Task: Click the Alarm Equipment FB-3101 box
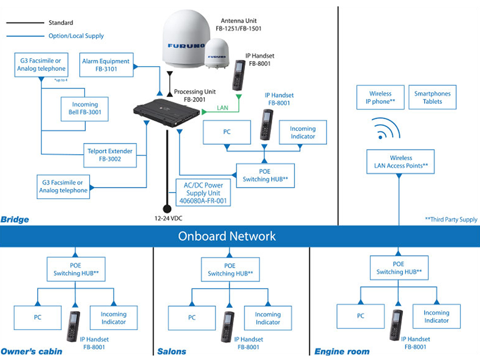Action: pyautogui.click(x=106, y=65)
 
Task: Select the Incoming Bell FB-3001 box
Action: pyautogui.click(x=84, y=109)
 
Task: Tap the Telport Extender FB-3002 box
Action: pyautogui.click(x=110, y=155)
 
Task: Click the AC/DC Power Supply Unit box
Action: pyautogui.click(x=203, y=193)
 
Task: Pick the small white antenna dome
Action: pyautogui.click(x=217, y=53)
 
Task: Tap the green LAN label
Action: pyautogui.click(x=223, y=108)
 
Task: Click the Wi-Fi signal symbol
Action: pyautogui.click(x=386, y=128)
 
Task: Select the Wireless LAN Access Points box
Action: pyautogui.click(x=400, y=162)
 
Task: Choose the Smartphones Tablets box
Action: pyautogui.click(x=432, y=97)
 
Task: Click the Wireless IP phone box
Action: pyautogui.click(x=380, y=97)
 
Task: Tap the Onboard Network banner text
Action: pyautogui.click(x=227, y=236)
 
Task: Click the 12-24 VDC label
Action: pyautogui.click(x=168, y=218)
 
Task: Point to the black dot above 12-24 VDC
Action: pyautogui.click(x=167, y=209)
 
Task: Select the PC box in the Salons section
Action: pyautogui.click(x=192, y=318)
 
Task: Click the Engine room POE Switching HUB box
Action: pyautogui.click(x=398, y=268)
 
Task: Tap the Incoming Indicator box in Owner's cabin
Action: pyautogui.click(x=113, y=318)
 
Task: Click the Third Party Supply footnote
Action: pyautogui.click(x=451, y=219)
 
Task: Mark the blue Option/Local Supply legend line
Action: pyautogui.click(x=25, y=36)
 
